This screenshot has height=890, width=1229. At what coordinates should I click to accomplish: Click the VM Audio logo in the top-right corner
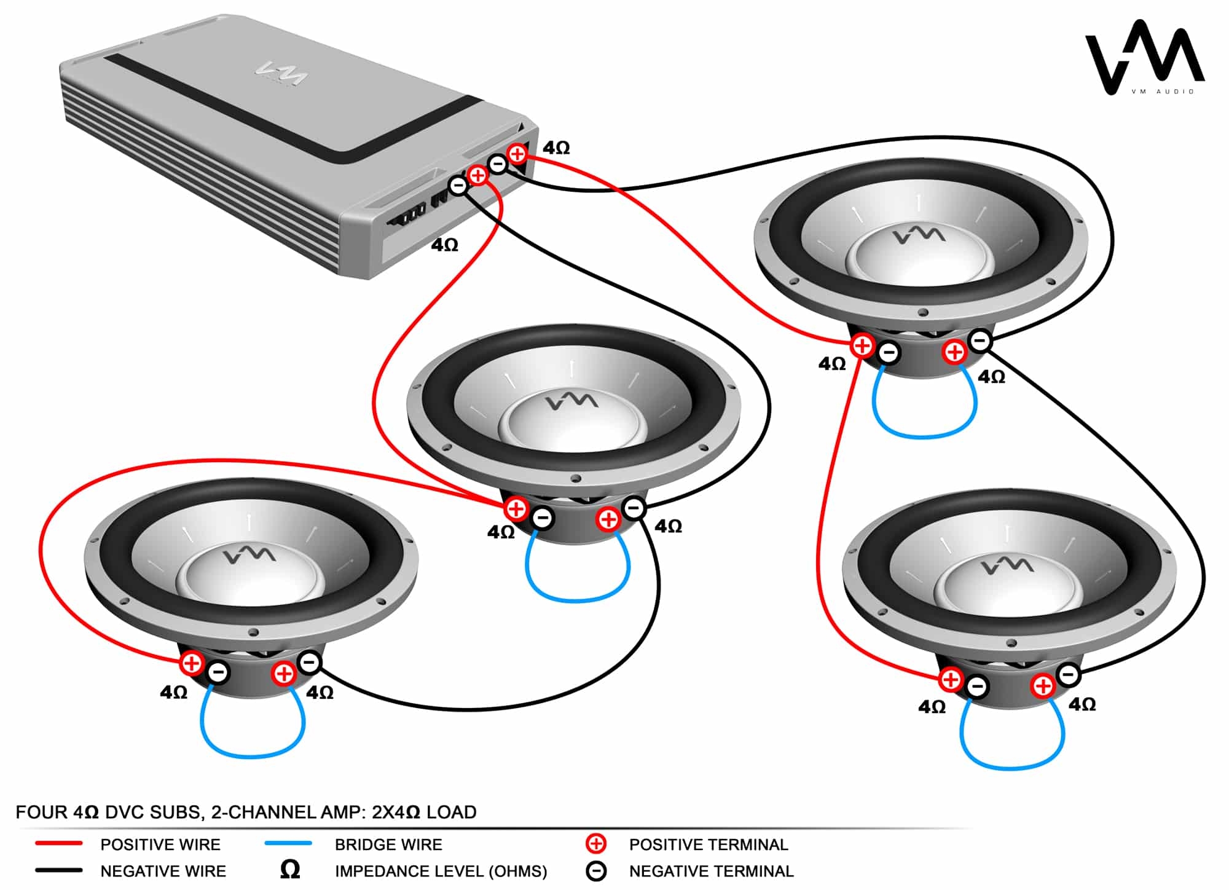click(1144, 58)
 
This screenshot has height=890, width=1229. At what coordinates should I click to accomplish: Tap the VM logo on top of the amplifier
click(281, 74)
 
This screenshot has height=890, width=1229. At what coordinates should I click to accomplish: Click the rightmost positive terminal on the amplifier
click(517, 154)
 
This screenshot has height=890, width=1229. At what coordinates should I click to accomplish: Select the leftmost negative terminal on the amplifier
click(458, 185)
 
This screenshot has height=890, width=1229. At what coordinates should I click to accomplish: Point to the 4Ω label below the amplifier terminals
click(444, 245)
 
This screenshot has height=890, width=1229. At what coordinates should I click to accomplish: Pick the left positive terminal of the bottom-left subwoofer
click(192, 663)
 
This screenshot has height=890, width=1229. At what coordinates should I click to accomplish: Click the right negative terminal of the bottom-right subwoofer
click(1068, 674)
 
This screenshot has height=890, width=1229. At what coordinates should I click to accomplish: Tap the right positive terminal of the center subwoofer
click(608, 519)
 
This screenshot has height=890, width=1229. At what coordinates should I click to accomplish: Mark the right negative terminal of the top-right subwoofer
click(980, 340)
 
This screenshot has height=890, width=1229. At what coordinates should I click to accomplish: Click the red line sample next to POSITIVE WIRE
click(59, 844)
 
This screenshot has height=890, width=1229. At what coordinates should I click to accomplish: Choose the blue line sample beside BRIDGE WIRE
click(288, 844)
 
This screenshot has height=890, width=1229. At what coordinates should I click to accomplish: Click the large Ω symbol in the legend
click(290, 869)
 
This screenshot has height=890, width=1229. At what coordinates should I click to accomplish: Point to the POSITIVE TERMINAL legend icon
click(595, 844)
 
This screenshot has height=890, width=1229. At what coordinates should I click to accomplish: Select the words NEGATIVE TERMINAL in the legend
click(711, 871)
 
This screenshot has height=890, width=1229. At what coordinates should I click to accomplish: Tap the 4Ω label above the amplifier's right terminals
click(556, 148)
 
